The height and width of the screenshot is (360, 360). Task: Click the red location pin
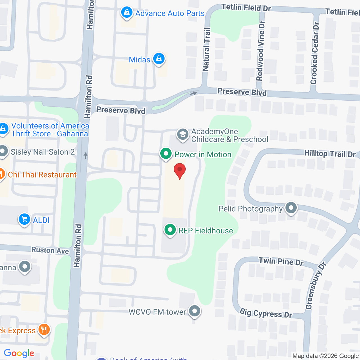pyautogui.click(x=180, y=170)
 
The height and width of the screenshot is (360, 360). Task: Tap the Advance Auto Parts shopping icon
pyautogui.click(x=127, y=13)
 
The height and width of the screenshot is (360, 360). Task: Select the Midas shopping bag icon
pyautogui.click(x=159, y=59)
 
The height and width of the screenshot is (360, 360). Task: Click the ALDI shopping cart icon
pyautogui.click(x=24, y=220)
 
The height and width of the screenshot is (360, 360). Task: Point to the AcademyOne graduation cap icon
pyautogui.click(x=183, y=135)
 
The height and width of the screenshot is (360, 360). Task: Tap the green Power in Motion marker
pyautogui.click(x=166, y=154)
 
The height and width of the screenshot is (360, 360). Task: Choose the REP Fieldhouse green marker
pyautogui.click(x=170, y=230)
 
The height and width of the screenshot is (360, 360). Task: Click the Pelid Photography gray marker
pyautogui.click(x=291, y=208)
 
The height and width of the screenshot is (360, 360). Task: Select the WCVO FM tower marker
pyautogui.click(x=194, y=311)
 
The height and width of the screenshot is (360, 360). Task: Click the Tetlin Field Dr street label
pyautogui.click(x=246, y=8)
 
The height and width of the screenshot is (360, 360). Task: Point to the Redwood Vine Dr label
pyautogui.click(x=260, y=51)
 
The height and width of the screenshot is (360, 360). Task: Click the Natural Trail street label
pyautogui.click(x=206, y=49)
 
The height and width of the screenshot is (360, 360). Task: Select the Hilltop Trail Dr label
pyautogui.click(x=330, y=154)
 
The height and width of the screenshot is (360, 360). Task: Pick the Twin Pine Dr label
pyautogui.click(x=281, y=262)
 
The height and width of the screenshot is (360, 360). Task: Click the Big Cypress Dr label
pyautogui.click(x=266, y=313)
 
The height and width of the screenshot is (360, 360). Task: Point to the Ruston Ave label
pyautogui.click(x=50, y=250)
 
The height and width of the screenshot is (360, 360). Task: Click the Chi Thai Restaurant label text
pyautogui.click(x=42, y=175)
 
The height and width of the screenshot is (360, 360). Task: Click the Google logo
pyautogui.click(x=19, y=353)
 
